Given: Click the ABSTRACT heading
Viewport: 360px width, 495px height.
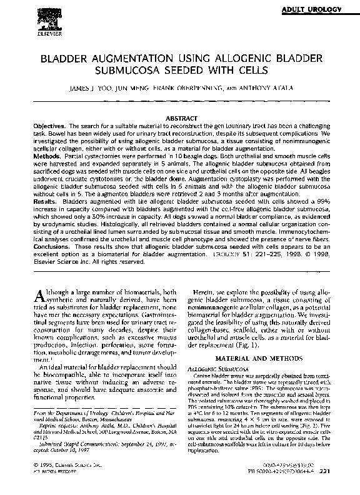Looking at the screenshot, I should pyautogui.click(x=179, y=118).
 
